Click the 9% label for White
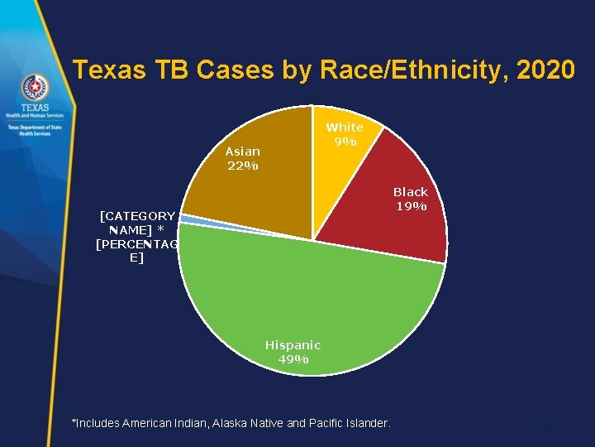point(345,142)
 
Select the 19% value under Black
point(410,206)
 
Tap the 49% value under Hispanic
point(293,359)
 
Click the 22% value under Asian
point(242,166)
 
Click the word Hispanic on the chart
point(293,344)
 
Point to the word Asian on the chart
point(242,151)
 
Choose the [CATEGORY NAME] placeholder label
point(136,223)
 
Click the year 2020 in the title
point(545,70)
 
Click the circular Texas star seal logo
point(34,86)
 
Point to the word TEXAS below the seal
point(34,108)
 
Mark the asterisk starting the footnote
point(74,422)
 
